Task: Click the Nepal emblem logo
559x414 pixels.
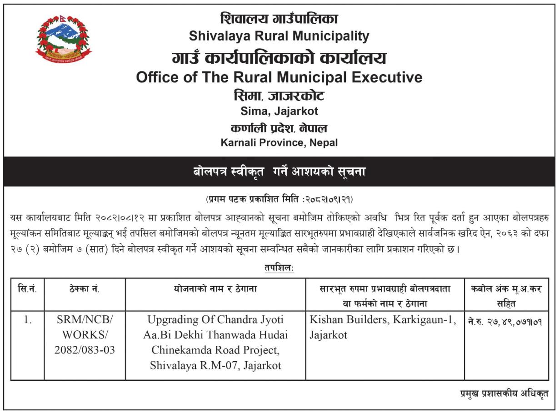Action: (x=63, y=38)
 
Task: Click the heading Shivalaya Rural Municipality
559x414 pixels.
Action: (x=279, y=35)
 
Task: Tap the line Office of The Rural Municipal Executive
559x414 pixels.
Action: (x=279, y=77)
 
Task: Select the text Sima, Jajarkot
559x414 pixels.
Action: (x=279, y=111)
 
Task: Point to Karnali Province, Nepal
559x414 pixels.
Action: (x=279, y=143)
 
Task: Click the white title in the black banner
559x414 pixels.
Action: (x=279, y=172)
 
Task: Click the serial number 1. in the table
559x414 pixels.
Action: (x=27, y=320)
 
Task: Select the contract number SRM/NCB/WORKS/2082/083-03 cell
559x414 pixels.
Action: (x=85, y=335)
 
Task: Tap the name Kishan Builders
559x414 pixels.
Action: (x=348, y=320)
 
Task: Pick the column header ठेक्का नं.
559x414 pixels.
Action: (x=85, y=289)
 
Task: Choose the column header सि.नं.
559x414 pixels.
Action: (x=27, y=289)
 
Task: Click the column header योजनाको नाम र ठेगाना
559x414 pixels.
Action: (x=215, y=289)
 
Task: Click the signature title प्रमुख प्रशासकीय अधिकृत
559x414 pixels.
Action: (x=504, y=394)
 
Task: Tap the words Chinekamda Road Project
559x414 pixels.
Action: (x=215, y=350)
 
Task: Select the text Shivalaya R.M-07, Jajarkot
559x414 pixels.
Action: (x=215, y=365)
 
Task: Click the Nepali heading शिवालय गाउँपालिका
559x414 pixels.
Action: (x=279, y=19)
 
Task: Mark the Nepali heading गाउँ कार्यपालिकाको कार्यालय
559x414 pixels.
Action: (x=279, y=58)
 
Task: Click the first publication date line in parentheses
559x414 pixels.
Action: (x=279, y=199)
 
